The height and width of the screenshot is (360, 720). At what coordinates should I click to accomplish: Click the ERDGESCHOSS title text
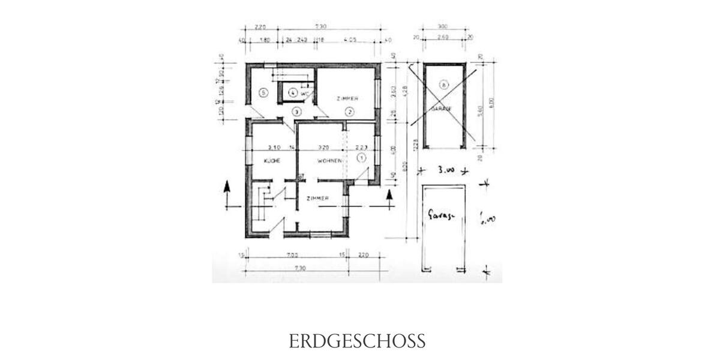tap(357, 341)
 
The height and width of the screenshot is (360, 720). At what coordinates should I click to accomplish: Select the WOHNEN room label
tap(329, 161)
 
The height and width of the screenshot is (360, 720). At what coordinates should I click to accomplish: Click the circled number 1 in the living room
tap(361, 158)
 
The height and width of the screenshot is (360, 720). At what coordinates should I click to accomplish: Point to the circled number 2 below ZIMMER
tap(349, 111)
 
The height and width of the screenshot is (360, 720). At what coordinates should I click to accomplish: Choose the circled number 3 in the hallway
tap(295, 112)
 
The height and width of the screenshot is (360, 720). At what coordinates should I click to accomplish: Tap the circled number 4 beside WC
tap(292, 93)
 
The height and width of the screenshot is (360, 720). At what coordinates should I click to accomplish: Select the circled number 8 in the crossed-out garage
tap(443, 85)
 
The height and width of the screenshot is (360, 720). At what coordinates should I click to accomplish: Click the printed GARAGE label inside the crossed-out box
tap(441, 109)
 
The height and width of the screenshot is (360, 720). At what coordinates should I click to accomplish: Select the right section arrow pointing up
tap(389, 195)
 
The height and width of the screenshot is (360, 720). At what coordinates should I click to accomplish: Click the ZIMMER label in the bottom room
tap(317, 199)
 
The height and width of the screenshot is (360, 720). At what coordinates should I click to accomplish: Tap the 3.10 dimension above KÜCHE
tap(274, 146)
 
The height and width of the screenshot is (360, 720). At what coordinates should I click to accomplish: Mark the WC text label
tap(304, 94)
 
